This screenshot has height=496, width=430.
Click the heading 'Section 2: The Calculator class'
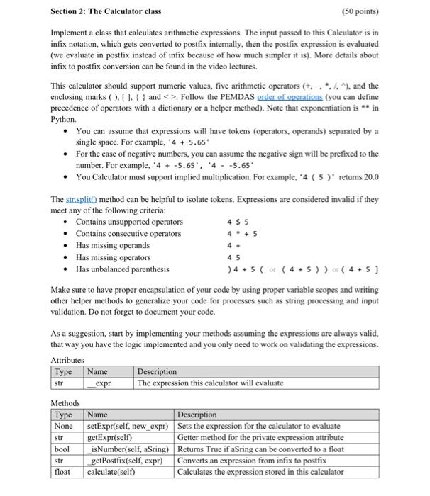coord(106,11)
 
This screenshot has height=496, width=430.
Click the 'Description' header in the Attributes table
coord(157,371)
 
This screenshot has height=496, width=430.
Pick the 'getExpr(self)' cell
coord(109,437)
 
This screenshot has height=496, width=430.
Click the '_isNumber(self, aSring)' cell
coord(127,449)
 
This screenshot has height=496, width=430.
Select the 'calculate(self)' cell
coord(112,471)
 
